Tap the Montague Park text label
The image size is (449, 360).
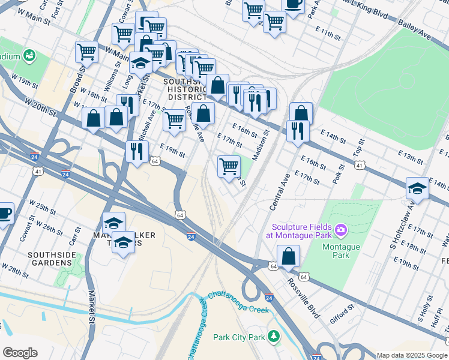pyautogui.click(x=341, y=247)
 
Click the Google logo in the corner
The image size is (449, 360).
pyautogui.click(x=20, y=353)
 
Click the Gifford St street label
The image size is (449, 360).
pyautogui.click(x=340, y=313)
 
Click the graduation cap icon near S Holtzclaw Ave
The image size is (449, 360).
pyautogui.click(x=417, y=189)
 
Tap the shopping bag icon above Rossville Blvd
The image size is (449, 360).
pyautogui.click(x=289, y=256)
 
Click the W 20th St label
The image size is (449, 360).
pyautogui.click(x=40, y=108)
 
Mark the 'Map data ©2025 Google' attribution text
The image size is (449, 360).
pyautogui.click(x=412, y=355)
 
